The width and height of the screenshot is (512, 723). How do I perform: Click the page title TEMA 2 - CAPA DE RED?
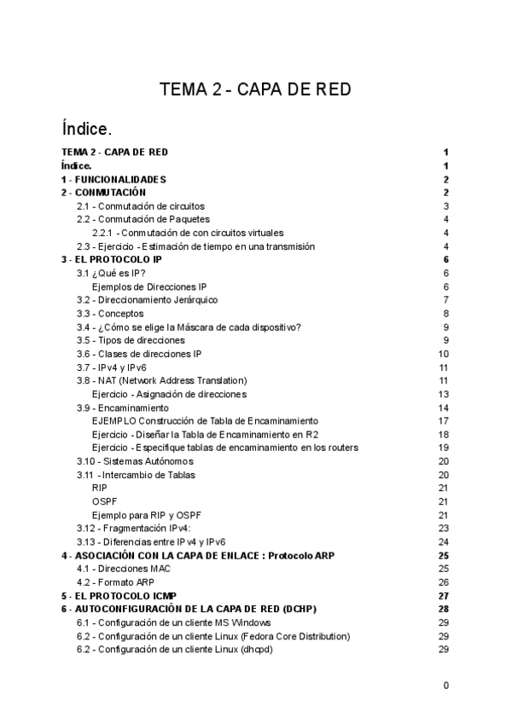[256, 90]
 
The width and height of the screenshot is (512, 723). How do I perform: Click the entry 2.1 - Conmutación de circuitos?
[140, 206]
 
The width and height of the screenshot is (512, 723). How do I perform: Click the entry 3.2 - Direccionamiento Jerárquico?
[147, 300]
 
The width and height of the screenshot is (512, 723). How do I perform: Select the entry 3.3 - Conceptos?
[109, 314]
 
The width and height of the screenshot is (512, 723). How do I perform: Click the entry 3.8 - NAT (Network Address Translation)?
[161, 380]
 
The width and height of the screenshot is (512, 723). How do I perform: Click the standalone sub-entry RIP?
[99, 488]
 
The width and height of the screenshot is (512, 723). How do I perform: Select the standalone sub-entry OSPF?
[103, 501]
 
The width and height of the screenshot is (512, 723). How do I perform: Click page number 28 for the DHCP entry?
[443, 609]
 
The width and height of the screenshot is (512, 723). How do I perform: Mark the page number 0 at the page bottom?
[445, 685]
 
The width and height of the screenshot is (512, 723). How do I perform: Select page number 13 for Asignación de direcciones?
[443, 394]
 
